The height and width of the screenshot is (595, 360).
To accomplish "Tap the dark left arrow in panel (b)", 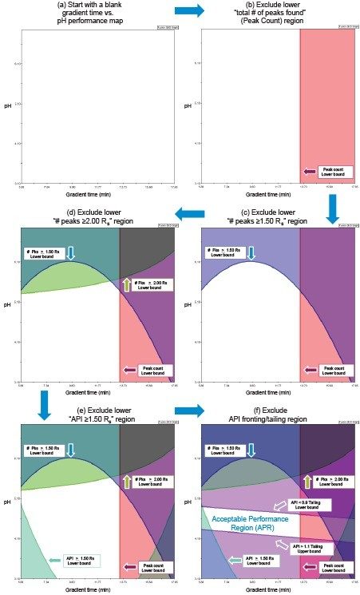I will (x=310, y=171).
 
